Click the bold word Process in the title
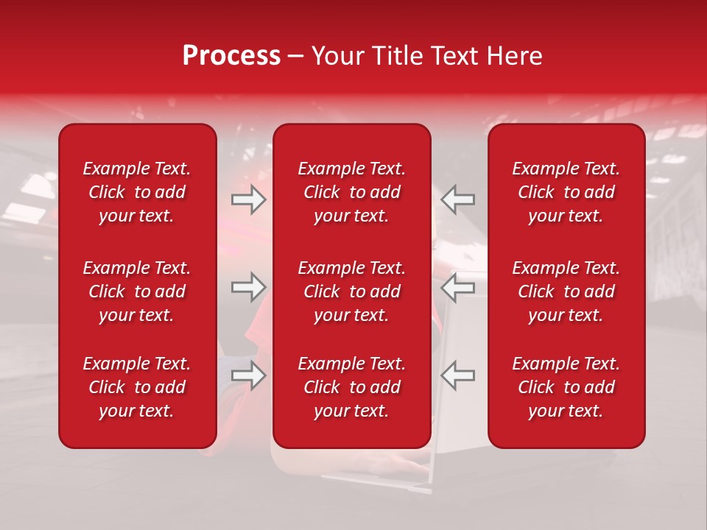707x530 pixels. pyautogui.click(x=231, y=56)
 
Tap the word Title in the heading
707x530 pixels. pyautogui.click(x=399, y=56)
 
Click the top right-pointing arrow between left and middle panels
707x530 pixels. pyautogui.click(x=249, y=200)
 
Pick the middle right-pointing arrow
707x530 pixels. pyautogui.click(x=249, y=287)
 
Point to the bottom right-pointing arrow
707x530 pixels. pyautogui.click(x=249, y=375)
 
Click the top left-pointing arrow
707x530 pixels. pyautogui.click(x=458, y=200)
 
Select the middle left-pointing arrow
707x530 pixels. pyautogui.click(x=458, y=287)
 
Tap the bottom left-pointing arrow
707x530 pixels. pyautogui.click(x=458, y=375)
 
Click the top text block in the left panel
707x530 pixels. pyautogui.click(x=137, y=192)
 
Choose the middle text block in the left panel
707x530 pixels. pyautogui.click(x=137, y=291)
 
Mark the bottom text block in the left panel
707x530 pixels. pyautogui.click(x=137, y=387)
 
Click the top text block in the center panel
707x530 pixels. pyautogui.click(x=352, y=192)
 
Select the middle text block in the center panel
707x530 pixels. pyautogui.click(x=352, y=291)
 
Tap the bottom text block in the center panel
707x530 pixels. pyautogui.click(x=352, y=387)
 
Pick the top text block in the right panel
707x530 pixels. pyautogui.click(x=566, y=192)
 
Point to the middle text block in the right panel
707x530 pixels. pyautogui.click(x=566, y=291)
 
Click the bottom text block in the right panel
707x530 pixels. pyautogui.click(x=566, y=387)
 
